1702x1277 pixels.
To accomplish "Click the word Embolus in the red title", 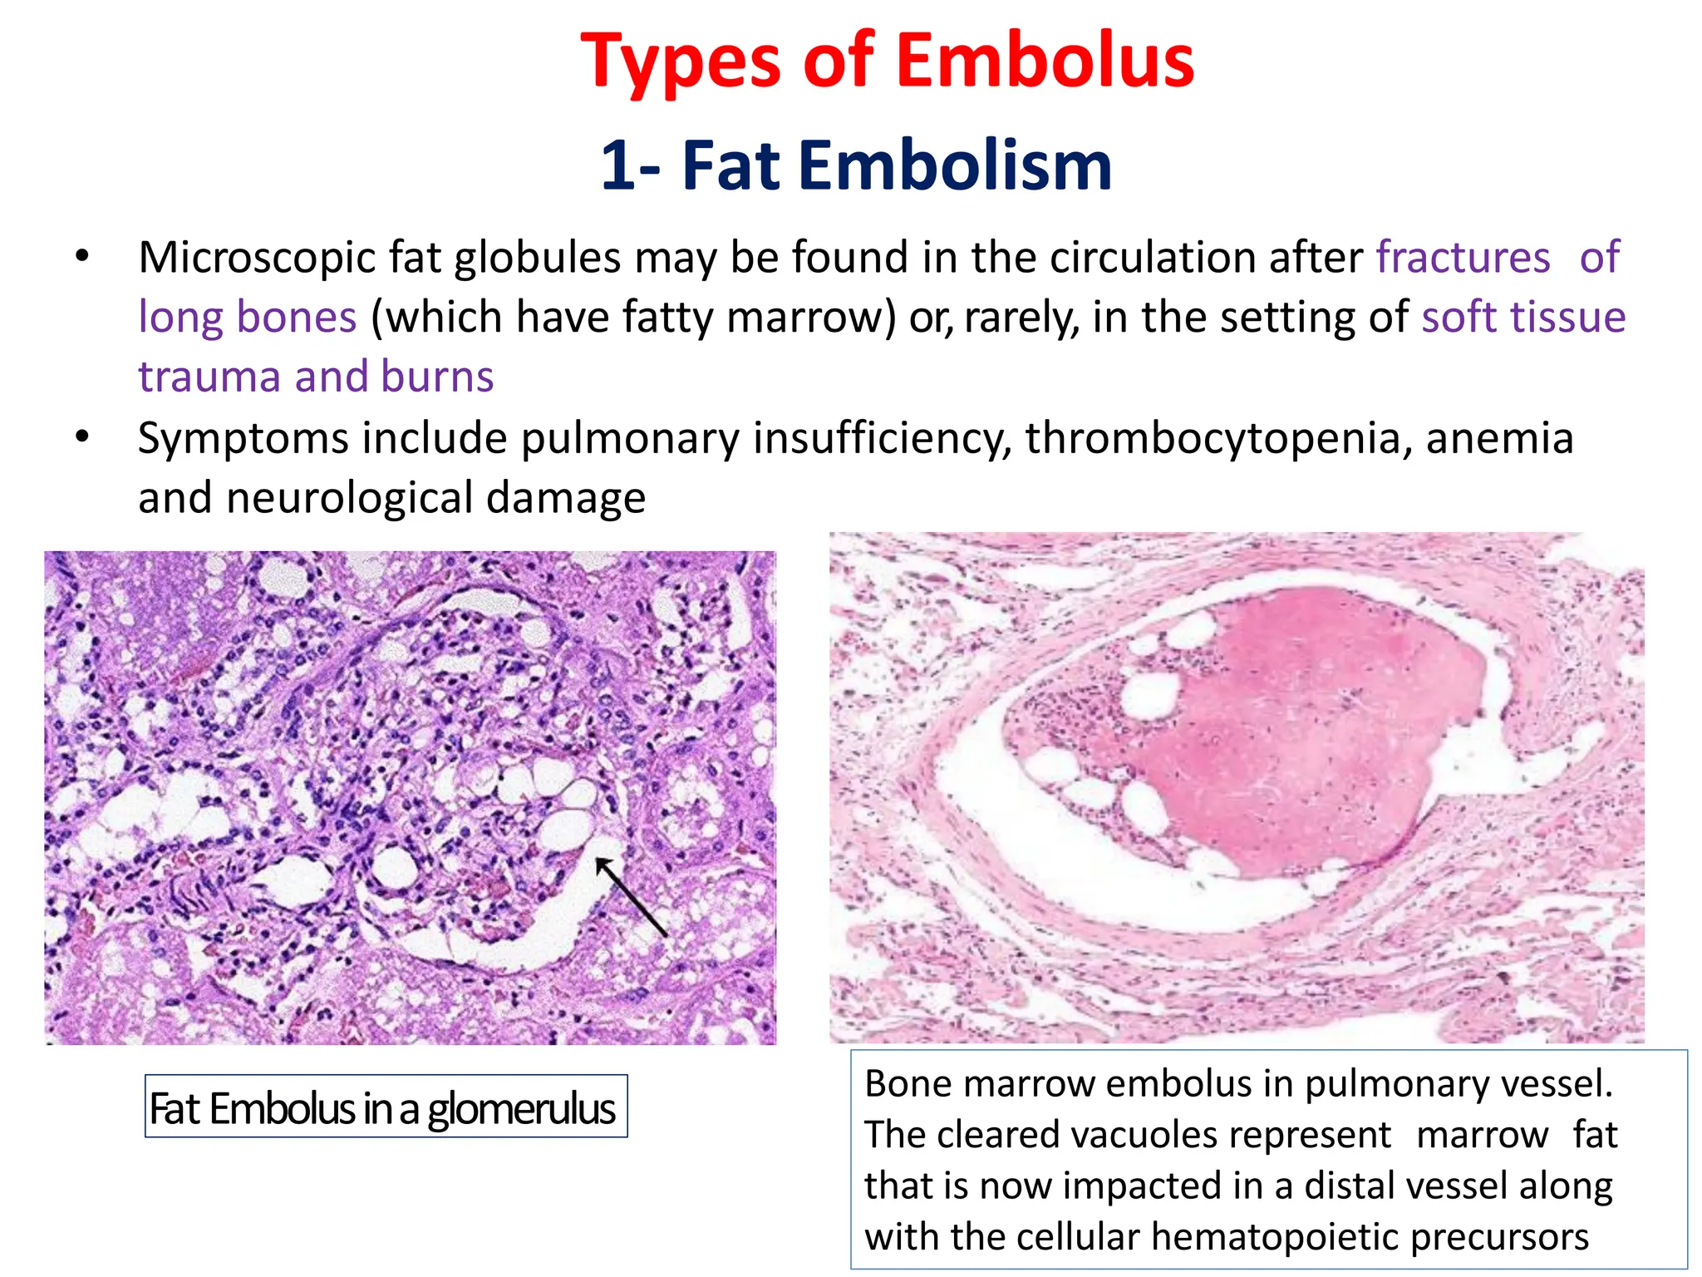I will coord(1045,62).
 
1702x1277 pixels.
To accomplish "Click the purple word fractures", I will coord(1463,257).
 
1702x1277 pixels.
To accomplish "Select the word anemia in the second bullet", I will coord(1499,438).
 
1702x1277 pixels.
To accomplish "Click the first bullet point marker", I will coord(81,256).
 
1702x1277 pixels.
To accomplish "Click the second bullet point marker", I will coord(81,437).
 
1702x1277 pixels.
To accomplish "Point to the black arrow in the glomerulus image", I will coord(631,897).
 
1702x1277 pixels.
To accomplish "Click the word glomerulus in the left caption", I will coord(521,1108).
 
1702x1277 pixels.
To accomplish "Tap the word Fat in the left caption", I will coord(175,1108).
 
